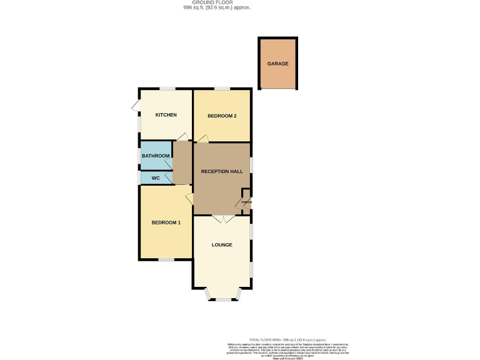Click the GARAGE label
[x=278, y=64]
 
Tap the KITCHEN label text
[x=166, y=115]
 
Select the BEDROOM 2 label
[x=221, y=116]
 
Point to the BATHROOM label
[x=156, y=156]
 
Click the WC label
[x=156, y=178]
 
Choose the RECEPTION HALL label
[x=221, y=171]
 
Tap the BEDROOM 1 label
[x=166, y=222]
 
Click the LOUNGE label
[x=222, y=244]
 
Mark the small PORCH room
[x=246, y=202]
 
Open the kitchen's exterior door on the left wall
[x=136, y=106]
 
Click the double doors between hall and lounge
[x=222, y=219]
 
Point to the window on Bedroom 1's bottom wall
[x=166, y=259]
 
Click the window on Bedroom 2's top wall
[x=222, y=89]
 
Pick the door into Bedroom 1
[x=189, y=199]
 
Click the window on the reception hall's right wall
[x=251, y=164]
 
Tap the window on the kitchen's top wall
[x=166, y=89]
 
